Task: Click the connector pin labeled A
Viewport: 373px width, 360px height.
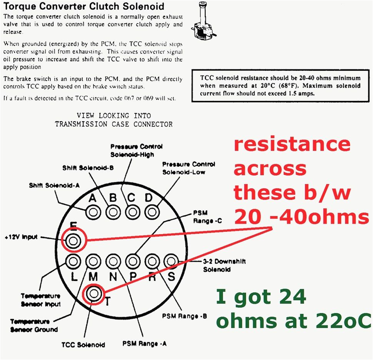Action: (93, 212)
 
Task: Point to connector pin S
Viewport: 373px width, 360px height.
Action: (171, 261)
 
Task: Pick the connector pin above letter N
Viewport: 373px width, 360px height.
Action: (113, 261)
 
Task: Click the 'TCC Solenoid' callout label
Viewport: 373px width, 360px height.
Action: (83, 345)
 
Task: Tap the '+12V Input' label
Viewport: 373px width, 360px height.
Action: (22, 237)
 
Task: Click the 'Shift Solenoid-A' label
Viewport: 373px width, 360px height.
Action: (54, 186)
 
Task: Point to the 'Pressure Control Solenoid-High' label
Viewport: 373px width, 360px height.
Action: (136, 151)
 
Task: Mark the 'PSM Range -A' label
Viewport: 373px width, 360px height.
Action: (145, 343)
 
